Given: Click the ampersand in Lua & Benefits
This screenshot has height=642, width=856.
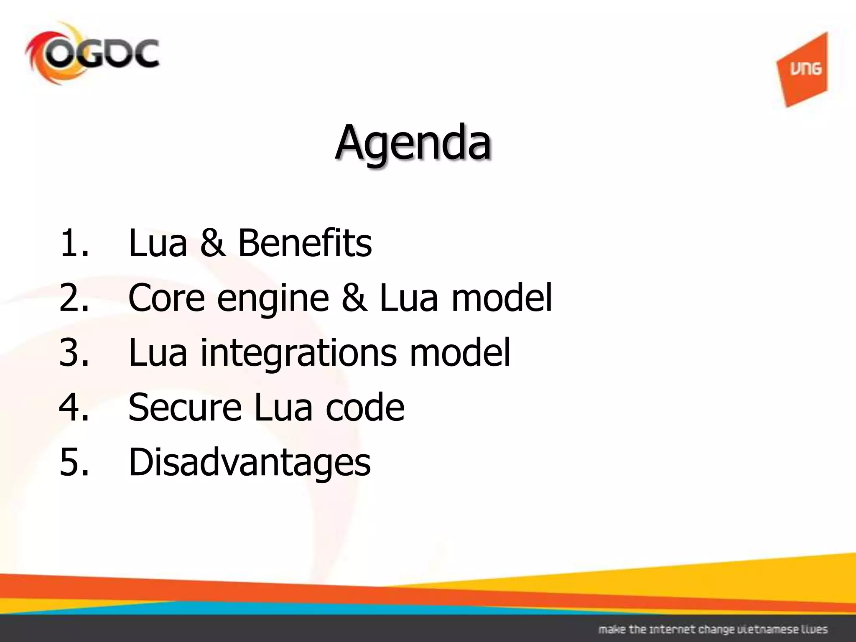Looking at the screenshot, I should click(x=212, y=243).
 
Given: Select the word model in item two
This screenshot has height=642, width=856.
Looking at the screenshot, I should click(x=502, y=298).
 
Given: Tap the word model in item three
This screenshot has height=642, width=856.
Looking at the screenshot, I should click(x=460, y=352).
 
